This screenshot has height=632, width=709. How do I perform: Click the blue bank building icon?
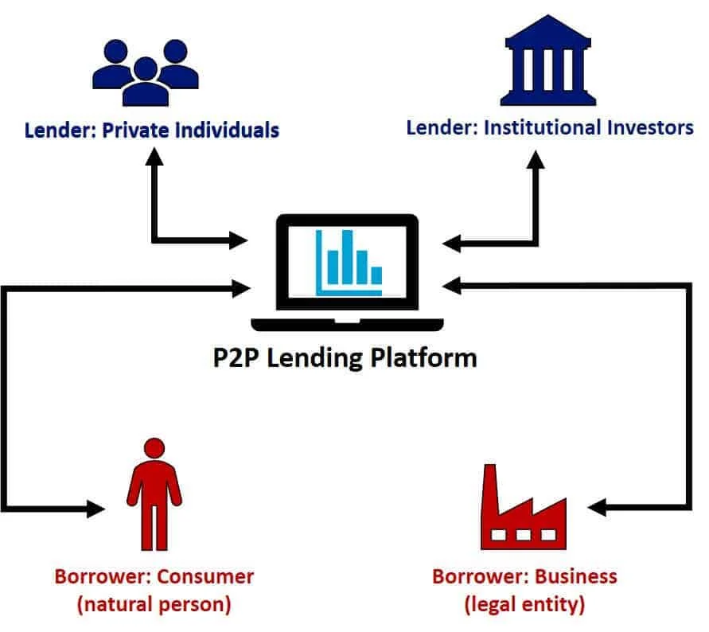[548, 60]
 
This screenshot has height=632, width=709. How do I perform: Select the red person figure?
[154, 494]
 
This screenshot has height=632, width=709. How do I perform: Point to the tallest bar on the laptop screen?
[347, 257]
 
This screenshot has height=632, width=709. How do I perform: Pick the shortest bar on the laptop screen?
[376, 275]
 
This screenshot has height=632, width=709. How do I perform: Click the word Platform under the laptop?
[423, 358]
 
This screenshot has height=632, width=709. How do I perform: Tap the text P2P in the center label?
[236, 358]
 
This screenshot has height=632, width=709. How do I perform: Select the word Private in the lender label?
[135, 131]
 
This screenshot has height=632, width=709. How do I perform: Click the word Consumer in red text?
[205, 577]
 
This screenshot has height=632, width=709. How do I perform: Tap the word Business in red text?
[576, 577]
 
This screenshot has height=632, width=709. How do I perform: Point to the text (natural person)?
[154, 605]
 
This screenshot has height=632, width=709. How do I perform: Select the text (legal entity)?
[524, 605]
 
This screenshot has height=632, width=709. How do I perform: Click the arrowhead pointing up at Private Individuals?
[154, 157]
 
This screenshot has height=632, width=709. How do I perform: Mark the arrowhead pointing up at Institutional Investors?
[536, 160]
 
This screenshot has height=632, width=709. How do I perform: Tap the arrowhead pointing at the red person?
[95, 509]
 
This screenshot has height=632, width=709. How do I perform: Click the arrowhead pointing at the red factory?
[597, 507]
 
